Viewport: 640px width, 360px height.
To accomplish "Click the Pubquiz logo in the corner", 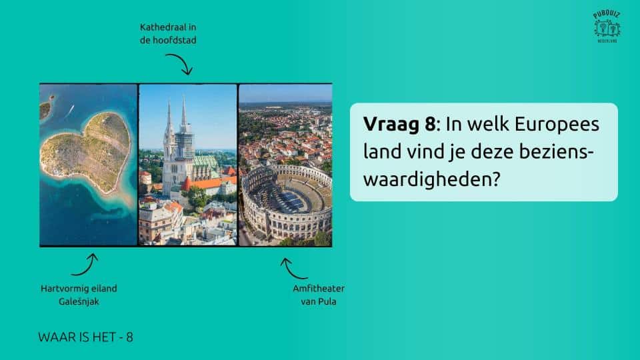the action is (607, 27).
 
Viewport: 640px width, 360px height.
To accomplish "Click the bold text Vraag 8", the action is (399, 124).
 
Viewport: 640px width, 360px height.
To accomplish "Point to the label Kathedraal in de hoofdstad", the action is (168, 33).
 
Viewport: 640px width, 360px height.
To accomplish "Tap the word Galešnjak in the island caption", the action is (79, 301).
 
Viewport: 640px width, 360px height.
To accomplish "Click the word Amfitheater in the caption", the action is (319, 288).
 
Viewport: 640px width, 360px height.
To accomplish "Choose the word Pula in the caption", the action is (328, 301).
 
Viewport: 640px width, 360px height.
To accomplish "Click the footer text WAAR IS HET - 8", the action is (85, 337).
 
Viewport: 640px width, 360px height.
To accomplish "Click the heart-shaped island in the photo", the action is (87, 152).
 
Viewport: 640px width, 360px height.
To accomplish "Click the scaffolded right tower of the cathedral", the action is (184, 131).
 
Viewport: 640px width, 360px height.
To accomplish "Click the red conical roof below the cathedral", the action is (186, 184).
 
